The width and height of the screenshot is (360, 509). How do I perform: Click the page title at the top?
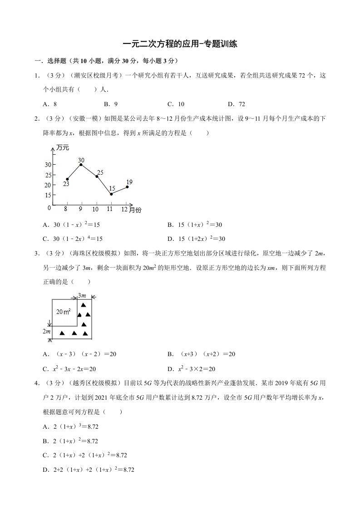(x=180, y=44)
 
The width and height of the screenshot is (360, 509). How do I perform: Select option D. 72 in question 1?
(x=236, y=104)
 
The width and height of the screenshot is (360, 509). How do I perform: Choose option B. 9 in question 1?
(x=110, y=104)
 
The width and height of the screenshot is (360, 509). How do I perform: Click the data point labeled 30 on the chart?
(x=81, y=164)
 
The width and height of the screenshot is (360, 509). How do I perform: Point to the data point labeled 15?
(x=111, y=194)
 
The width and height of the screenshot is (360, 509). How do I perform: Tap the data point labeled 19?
(x=127, y=187)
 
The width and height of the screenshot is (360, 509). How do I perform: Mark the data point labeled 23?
(x=67, y=179)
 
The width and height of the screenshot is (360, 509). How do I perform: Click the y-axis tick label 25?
(x=48, y=175)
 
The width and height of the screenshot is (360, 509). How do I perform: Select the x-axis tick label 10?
(x=95, y=210)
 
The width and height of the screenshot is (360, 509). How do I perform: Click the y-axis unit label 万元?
(x=63, y=147)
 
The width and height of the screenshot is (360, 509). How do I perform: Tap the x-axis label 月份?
(x=135, y=210)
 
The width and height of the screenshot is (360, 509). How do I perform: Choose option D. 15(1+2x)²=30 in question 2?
(x=196, y=239)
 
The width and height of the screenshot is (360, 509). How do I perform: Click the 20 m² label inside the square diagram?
(x=64, y=312)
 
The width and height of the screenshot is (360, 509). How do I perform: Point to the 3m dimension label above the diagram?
(x=82, y=296)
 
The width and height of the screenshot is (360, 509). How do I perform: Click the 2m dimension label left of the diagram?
(x=46, y=332)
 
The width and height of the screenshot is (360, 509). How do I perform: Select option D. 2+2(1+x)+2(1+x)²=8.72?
(x=89, y=470)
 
